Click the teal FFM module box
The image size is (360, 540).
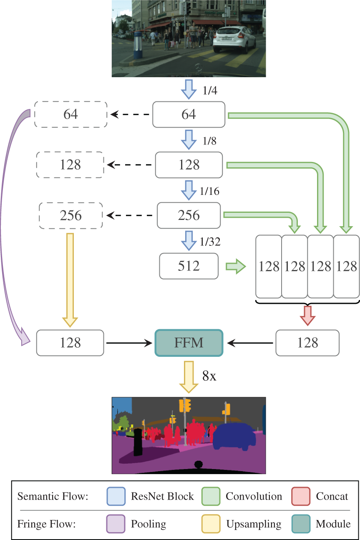tap(189, 343)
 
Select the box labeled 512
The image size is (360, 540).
tap(189, 266)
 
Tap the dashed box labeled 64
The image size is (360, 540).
tap(70, 114)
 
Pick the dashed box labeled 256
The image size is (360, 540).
tap(70, 215)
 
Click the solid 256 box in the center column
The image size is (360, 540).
tap(189, 215)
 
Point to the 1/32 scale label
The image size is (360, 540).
tap(210, 242)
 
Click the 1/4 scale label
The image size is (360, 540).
tap(210, 91)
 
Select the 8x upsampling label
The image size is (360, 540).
tap(209, 376)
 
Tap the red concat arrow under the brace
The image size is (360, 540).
tap(307, 315)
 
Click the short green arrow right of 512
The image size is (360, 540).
tap(236, 266)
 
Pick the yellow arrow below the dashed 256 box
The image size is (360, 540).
tap(70, 280)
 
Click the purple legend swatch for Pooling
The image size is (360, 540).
tap(116, 524)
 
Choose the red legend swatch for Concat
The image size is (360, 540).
tap(300, 496)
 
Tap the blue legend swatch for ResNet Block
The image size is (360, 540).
tap(116, 496)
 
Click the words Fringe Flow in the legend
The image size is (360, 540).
tap(46, 524)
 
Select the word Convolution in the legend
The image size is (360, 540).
tap(254, 496)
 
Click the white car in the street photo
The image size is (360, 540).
tap(234, 39)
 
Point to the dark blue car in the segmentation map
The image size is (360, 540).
tap(234, 437)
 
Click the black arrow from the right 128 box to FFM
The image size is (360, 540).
tap(250, 343)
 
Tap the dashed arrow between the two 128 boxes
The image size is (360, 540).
tap(129, 165)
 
